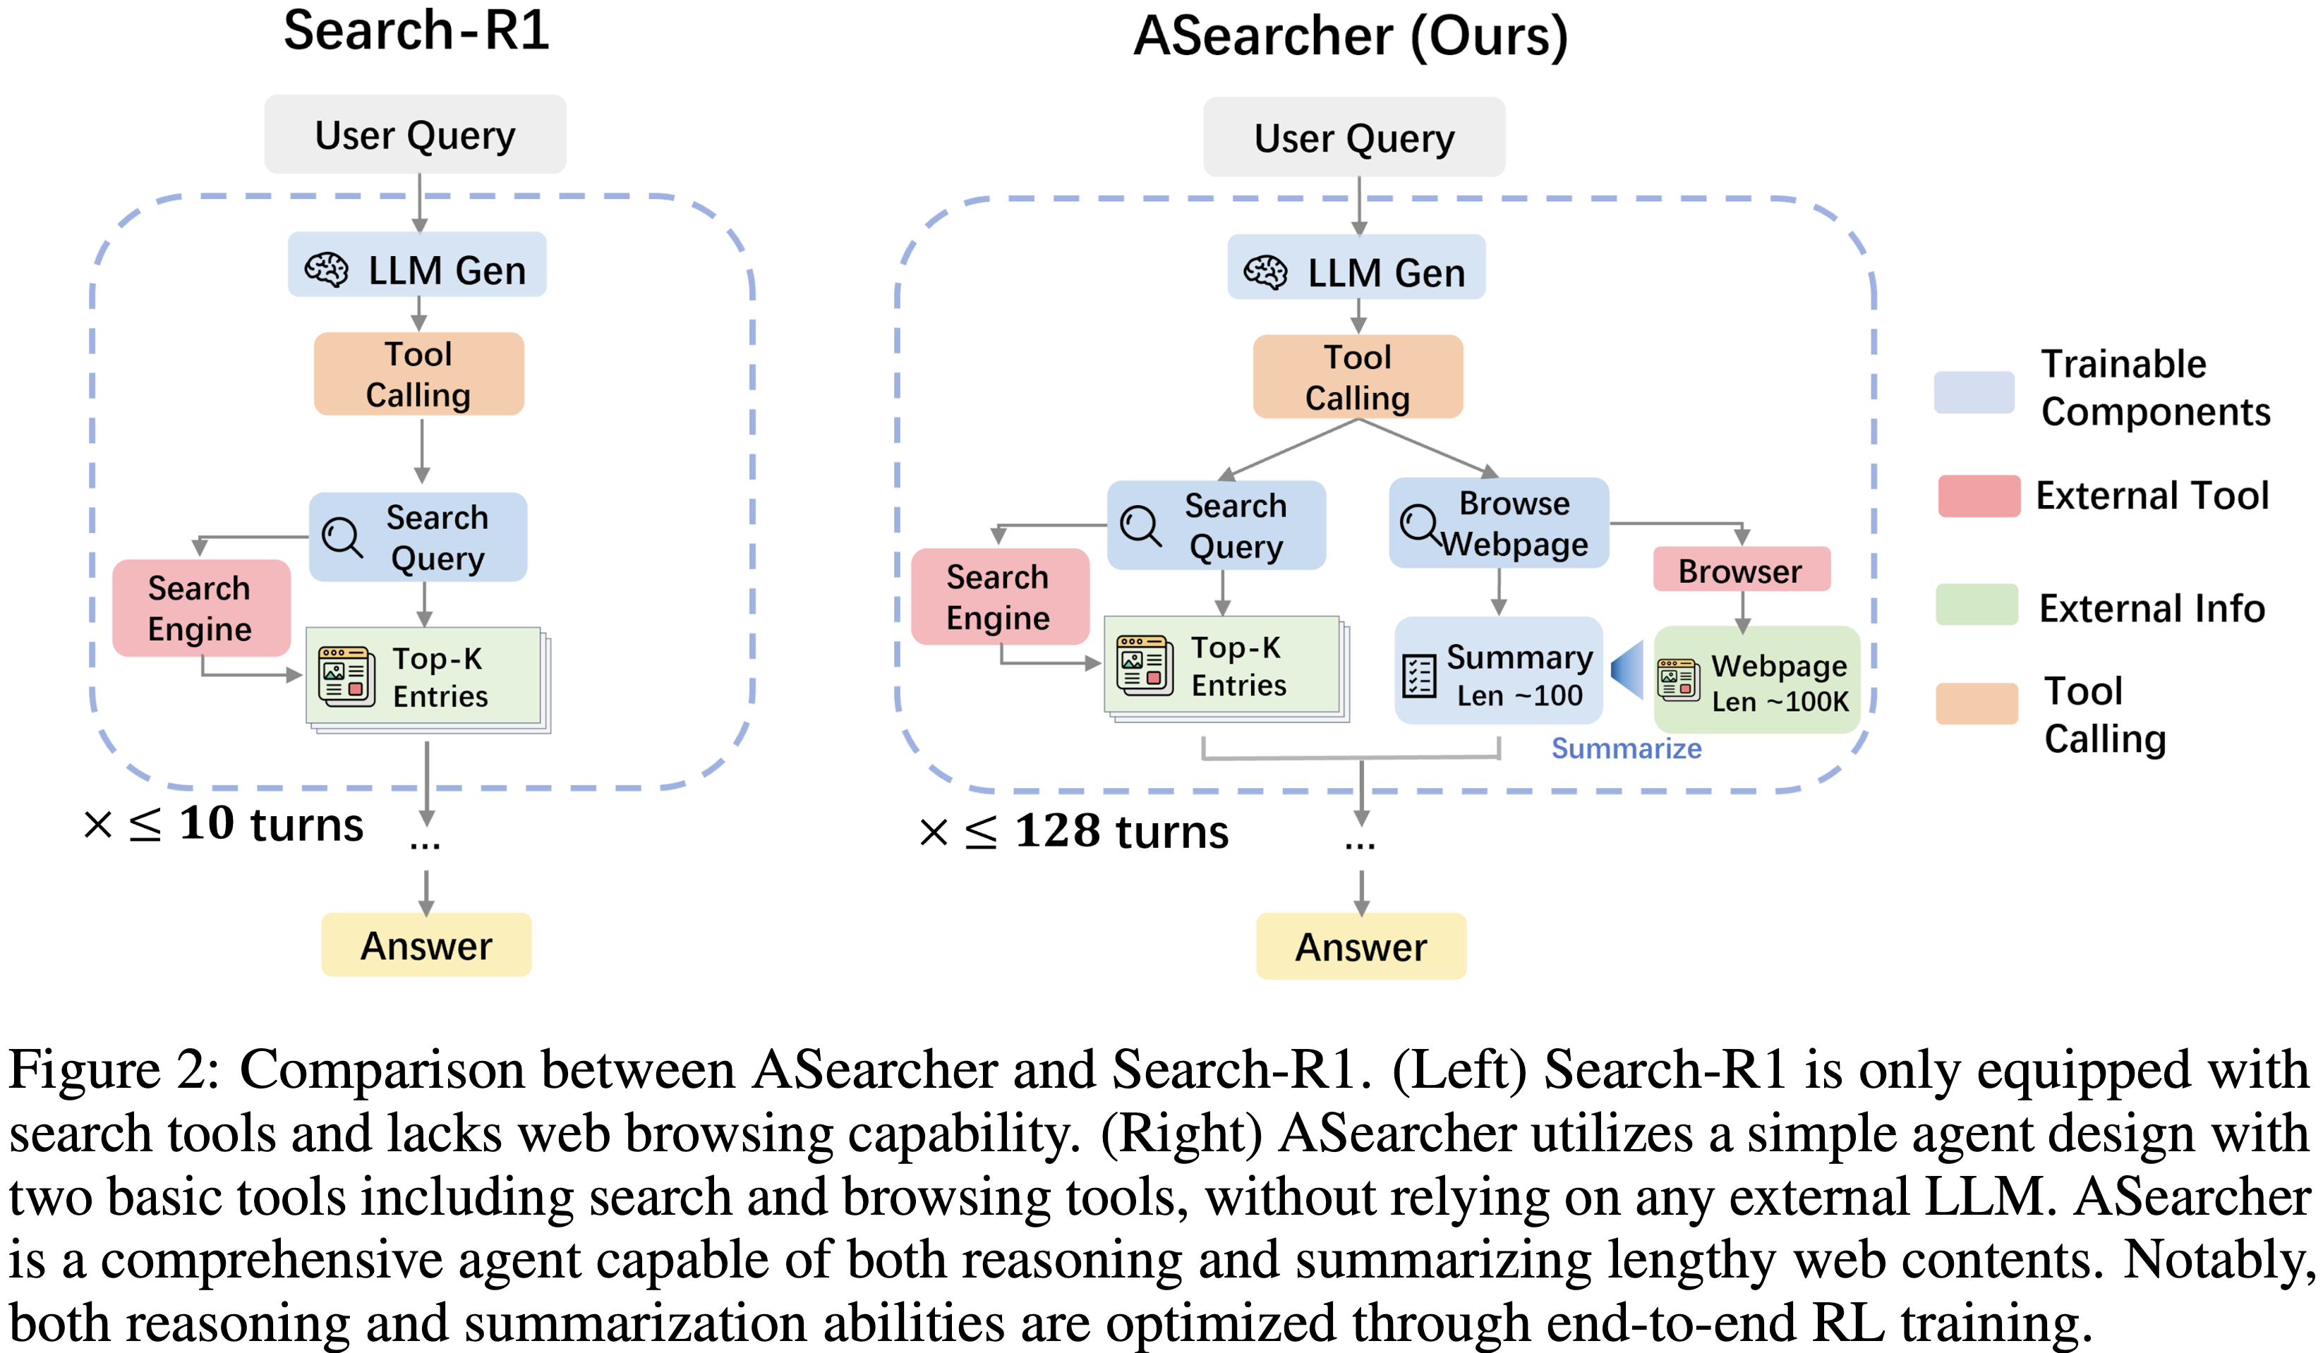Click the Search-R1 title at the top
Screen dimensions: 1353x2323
[416, 30]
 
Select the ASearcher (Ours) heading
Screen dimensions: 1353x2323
[1351, 37]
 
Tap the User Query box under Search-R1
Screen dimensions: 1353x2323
[415, 135]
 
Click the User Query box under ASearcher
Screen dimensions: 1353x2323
[1353, 138]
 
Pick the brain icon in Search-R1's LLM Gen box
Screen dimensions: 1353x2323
[326, 270]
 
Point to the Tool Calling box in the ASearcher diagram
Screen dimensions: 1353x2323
[1357, 377]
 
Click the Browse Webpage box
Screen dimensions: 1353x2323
[1499, 523]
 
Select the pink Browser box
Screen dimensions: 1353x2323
[1740, 571]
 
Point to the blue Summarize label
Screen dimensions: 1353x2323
[1626, 748]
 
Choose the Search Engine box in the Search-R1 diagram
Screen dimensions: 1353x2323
[201, 608]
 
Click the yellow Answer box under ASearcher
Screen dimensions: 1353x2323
[1360, 947]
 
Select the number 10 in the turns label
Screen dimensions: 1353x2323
[207, 823]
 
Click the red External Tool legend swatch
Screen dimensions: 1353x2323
[1978, 496]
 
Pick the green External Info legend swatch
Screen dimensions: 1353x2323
[1977, 605]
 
